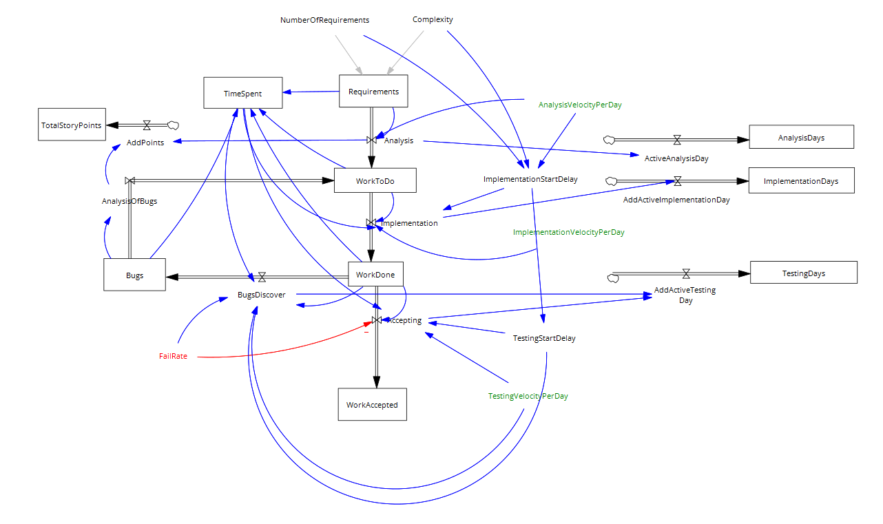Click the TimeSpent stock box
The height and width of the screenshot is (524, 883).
pyautogui.click(x=242, y=93)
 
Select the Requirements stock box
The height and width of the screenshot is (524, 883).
pyautogui.click(x=373, y=91)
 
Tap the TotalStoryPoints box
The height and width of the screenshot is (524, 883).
pyautogui.click(x=71, y=125)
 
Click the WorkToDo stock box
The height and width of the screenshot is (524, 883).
pyautogui.click(x=375, y=180)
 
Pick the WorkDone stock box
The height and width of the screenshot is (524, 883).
pyautogui.click(x=375, y=274)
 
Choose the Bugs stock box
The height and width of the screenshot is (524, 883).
pyautogui.click(x=134, y=275)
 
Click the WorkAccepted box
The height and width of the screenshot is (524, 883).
pyautogui.click(x=372, y=404)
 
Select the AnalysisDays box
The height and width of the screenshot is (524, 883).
pyautogui.click(x=801, y=137)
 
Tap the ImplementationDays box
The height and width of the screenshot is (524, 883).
pyautogui.click(x=801, y=180)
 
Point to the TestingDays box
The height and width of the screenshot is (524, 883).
pyautogui.click(x=803, y=273)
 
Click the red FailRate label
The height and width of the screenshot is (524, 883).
pyautogui.click(x=173, y=356)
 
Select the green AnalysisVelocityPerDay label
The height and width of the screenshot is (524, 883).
pyautogui.click(x=580, y=105)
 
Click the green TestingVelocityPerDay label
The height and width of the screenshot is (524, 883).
pyautogui.click(x=528, y=396)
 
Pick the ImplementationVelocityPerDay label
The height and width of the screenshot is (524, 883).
pyautogui.click(x=568, y=232)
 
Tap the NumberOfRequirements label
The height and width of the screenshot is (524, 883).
pyautogui.click(x=324, y=20)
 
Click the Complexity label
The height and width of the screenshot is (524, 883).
pyautogui.click(x=433, y=19)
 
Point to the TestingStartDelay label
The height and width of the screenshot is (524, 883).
pyautogui.click(x=544, y=338)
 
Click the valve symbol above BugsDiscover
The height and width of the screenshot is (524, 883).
pyautogui.click(x=262, y=276)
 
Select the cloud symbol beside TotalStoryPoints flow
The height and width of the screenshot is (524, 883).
pyautogui.click(x=173, y=125)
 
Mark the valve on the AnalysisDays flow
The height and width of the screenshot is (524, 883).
pyautogui.click(x=677, y=139)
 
